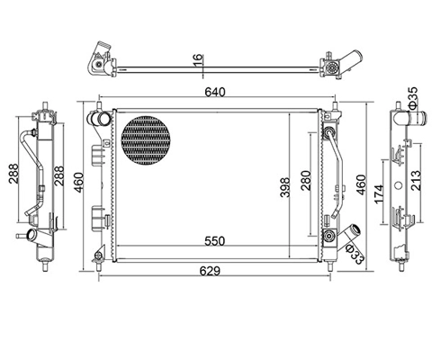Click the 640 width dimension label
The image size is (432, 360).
pos(214,92)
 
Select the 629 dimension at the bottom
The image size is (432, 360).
pos(210,271)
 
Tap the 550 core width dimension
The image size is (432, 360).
pos(215,241)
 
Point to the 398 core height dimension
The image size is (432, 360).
pos(285,187)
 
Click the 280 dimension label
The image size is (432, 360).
pos(306,181)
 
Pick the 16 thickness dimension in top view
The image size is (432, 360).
pos(198,61)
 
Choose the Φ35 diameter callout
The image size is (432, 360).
pos(412,97)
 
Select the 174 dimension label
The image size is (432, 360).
pos(379,193)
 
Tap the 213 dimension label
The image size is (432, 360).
pos(416,181)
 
